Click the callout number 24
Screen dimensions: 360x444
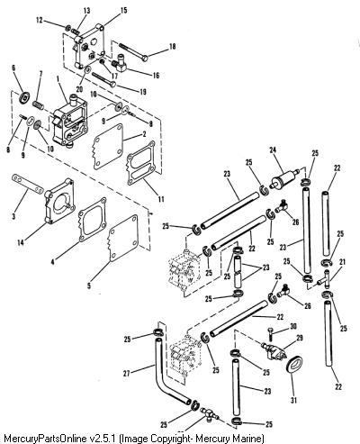click(273, 150)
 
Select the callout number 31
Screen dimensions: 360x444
click(293, 400)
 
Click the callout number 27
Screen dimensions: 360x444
click(127, 373)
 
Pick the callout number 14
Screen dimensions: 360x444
click(21, 242)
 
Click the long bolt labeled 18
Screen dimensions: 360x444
click(133, 51)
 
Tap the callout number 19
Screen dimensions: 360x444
click(143, 91)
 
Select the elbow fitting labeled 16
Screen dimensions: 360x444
click(120, 63)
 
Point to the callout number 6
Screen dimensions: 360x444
click(13, 68)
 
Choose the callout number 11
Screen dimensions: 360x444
click(161, 198)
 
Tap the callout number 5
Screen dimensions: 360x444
click(89, 285)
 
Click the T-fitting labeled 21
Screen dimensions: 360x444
click(325, 278)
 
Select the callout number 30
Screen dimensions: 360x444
click(293, 326)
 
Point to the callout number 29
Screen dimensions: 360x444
click(299, 338)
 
